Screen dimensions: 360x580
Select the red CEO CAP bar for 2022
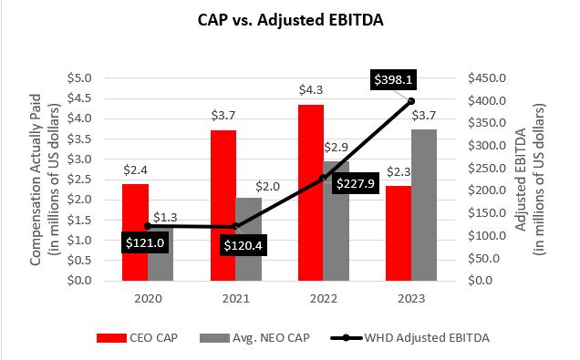point(312,192)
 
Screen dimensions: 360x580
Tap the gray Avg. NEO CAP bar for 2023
point(423,205)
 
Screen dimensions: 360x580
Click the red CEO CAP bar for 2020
point(135,231)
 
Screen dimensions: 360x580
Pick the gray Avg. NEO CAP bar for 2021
point(248,239)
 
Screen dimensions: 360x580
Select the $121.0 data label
point(146,243)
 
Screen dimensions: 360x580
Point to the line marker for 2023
point(411,101)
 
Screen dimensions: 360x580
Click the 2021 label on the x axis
point(235,298)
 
